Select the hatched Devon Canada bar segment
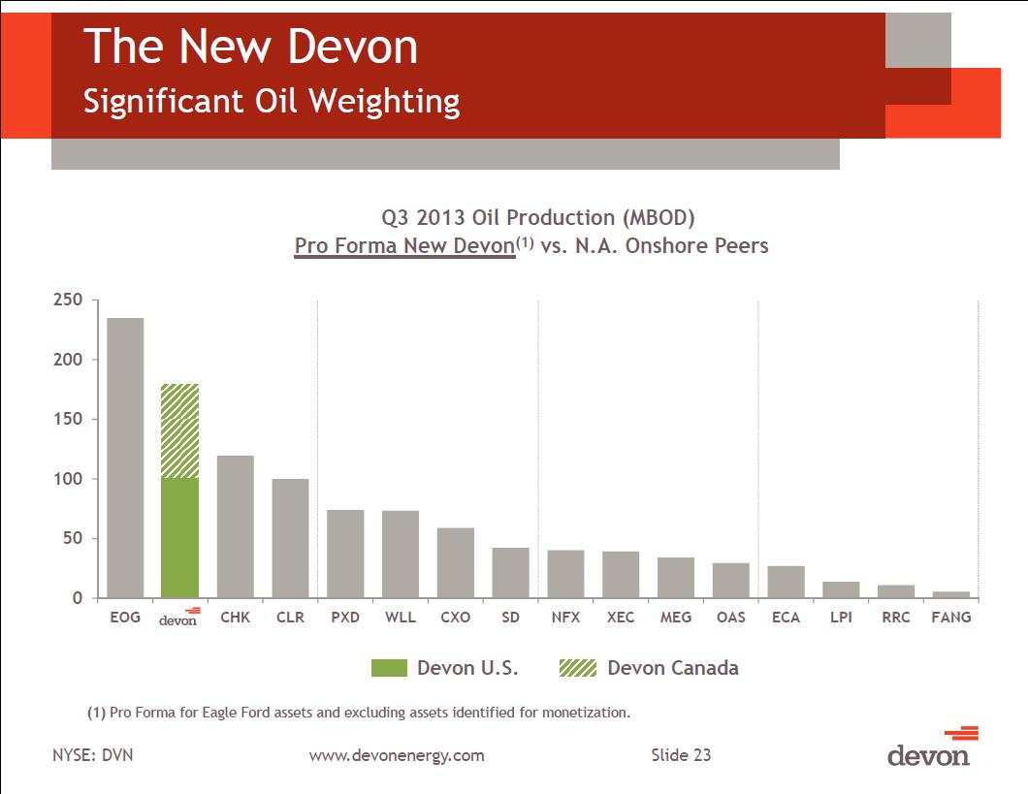click(179, 430)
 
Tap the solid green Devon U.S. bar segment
click(179, 537)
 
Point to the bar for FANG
click(951, 594)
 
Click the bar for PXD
click(345, 554)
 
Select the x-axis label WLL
click(401, 617)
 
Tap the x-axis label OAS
click(731, 617)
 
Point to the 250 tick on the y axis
click(69, 301)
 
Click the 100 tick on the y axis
click(69, 479)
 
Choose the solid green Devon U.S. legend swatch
click(389, 668)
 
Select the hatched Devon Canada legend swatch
click(578, 668)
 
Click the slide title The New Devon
click(250, 48)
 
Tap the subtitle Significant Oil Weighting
click(272, 101)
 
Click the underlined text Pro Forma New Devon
click(404, 246)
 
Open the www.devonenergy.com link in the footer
click(396, 755)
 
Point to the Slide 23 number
click(680, 755)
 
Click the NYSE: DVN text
click(92, 755)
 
